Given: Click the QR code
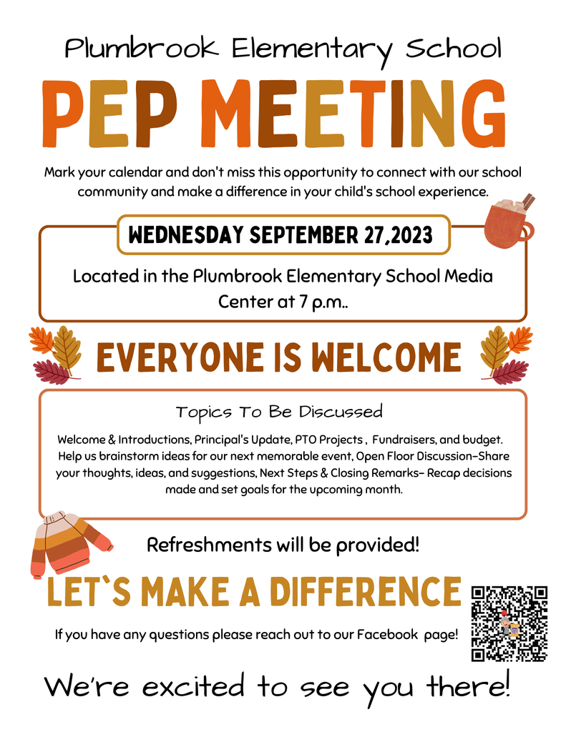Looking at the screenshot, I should click(x=509, y=623).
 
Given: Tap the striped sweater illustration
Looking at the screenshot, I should click(x=69, y=544).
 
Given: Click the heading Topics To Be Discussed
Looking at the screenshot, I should click(x=279, y=412).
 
